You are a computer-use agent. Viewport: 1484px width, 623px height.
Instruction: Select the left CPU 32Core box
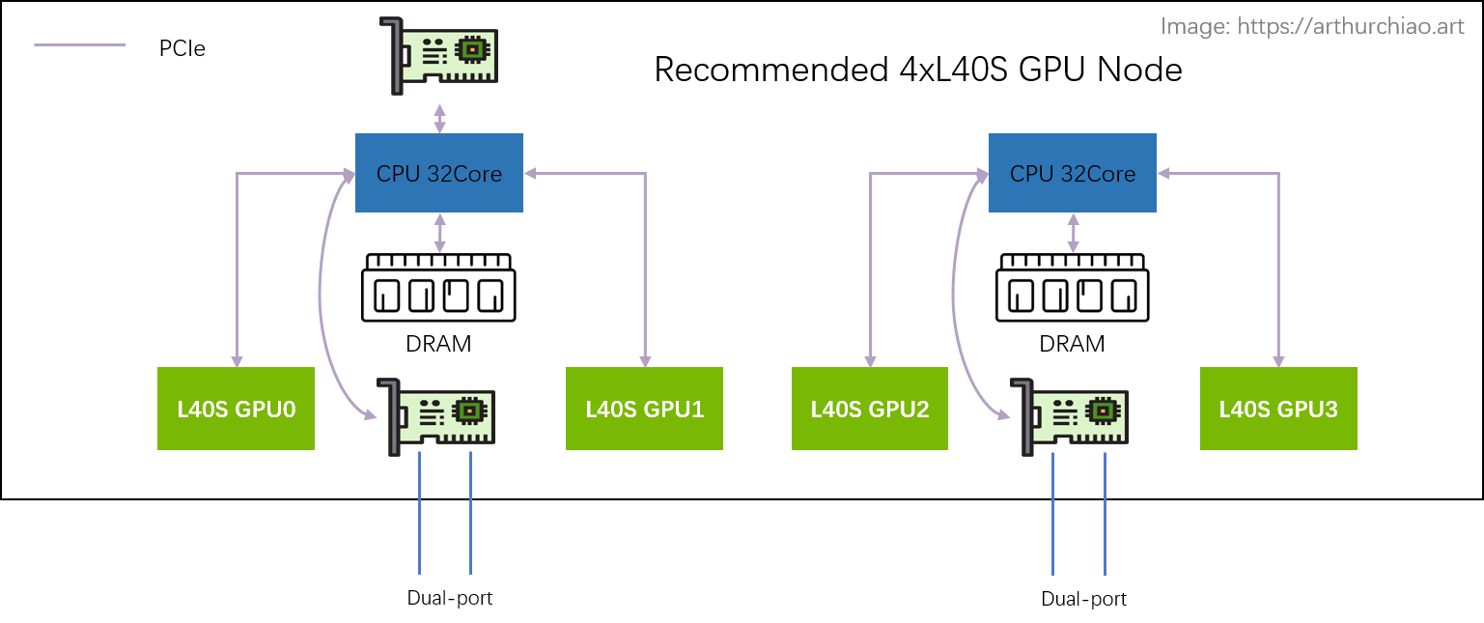tap(439, 174)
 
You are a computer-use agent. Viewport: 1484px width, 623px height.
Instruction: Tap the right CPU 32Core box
tap(1072, 174)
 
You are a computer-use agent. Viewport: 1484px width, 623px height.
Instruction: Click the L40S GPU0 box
tap(236, 409)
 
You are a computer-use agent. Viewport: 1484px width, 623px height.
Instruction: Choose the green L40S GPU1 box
tap(644, 409)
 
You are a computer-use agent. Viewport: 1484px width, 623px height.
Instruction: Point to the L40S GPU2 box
tap(869, 409)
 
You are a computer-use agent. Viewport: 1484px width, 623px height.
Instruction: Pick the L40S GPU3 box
tap(1278, 409)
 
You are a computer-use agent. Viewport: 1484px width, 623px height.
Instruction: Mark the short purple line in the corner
tap(79, 44)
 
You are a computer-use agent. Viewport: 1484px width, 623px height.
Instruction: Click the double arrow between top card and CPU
tap(440, 118)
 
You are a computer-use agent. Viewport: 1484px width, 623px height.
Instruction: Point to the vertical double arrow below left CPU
tap(440, 233)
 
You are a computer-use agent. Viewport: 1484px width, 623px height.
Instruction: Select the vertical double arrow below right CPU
tap(1073, 233)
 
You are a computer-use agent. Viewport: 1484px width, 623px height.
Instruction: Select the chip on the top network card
tap(471, 48)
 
